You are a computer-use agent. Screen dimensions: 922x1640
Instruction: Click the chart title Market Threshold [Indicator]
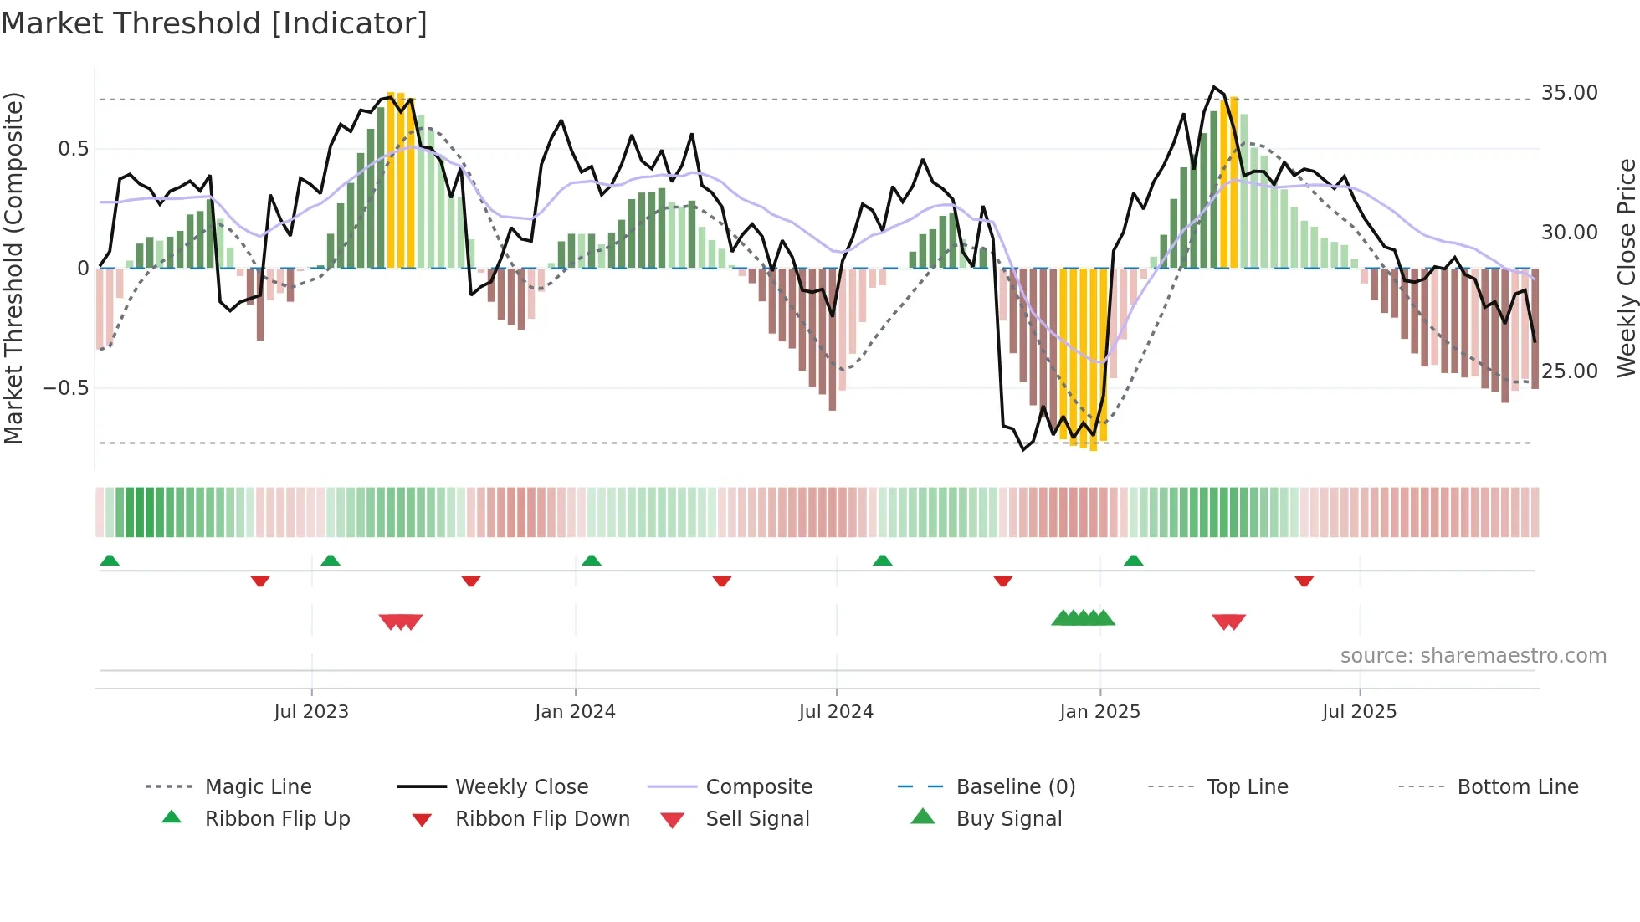[214, 23]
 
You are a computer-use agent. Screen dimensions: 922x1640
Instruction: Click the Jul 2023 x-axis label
[311, 712]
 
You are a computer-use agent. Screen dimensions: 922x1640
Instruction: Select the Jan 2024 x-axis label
[575, 712]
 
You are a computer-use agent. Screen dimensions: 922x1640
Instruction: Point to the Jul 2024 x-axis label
[836, 712]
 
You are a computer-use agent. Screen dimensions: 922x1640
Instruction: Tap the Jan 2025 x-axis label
[1099, 712]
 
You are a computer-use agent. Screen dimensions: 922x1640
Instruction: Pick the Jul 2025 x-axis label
[1360, 712]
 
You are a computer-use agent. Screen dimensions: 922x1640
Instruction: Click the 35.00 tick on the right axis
[1569, 93]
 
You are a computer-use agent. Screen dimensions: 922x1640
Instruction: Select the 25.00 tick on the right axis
[1569, 371]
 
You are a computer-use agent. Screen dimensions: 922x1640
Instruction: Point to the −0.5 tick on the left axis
[65, 388]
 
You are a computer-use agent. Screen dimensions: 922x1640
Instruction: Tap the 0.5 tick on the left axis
[73, 149]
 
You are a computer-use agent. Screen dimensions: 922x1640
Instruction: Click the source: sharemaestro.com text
[1473, 656]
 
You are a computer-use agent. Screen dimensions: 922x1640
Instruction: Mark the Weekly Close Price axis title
[1626, 268]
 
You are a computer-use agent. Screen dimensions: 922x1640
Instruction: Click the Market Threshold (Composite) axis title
[13, 268]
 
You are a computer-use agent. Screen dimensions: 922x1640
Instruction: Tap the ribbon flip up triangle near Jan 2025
[1133, 561]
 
